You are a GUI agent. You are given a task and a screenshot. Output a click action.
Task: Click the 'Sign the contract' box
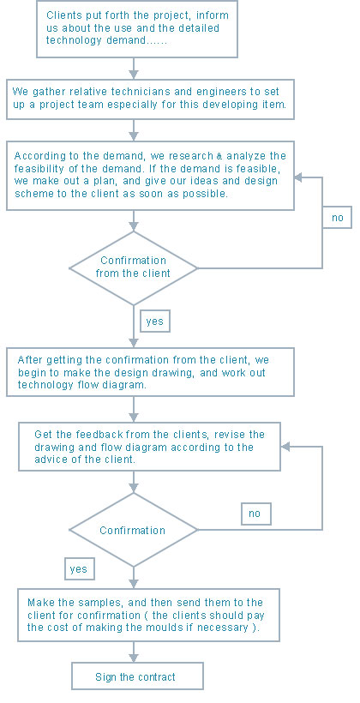point(137,676)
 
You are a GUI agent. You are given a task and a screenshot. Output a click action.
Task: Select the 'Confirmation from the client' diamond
point(133,268)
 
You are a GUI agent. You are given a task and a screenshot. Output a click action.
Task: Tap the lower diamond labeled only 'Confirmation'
point(133,530)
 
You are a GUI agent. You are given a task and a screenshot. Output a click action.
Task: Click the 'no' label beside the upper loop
point(337,218)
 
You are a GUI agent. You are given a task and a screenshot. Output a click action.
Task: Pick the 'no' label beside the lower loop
point(256,514)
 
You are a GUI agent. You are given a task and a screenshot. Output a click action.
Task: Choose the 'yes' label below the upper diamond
point(155,321)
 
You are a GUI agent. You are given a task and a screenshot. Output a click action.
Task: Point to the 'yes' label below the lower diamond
point(80,569)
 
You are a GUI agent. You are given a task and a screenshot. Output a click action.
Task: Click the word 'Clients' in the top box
point(62,15)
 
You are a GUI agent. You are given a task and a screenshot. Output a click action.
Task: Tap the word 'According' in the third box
point(34,156)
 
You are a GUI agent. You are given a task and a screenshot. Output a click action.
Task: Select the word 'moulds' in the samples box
point(159,628)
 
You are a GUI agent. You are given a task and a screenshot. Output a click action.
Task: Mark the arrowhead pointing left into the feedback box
point(285,447)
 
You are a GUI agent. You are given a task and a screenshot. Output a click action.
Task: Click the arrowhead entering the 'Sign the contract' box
point(133,658)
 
